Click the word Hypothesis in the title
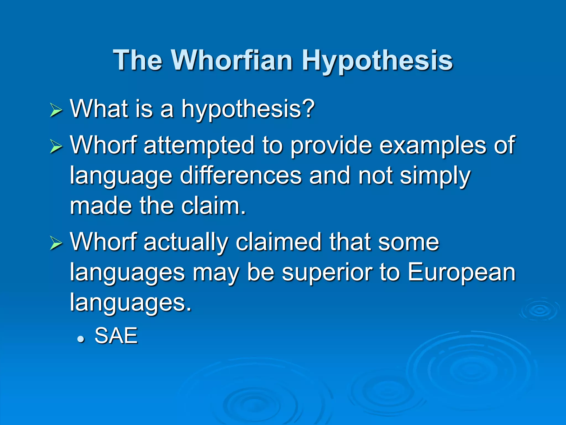click(377, 61)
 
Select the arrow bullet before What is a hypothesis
click(56, 111)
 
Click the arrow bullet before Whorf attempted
click(56, 147)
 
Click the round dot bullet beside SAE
click(80, 339)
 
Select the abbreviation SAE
click(116, 336)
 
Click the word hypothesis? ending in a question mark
click(248, 110)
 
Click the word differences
click(241, 176)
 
